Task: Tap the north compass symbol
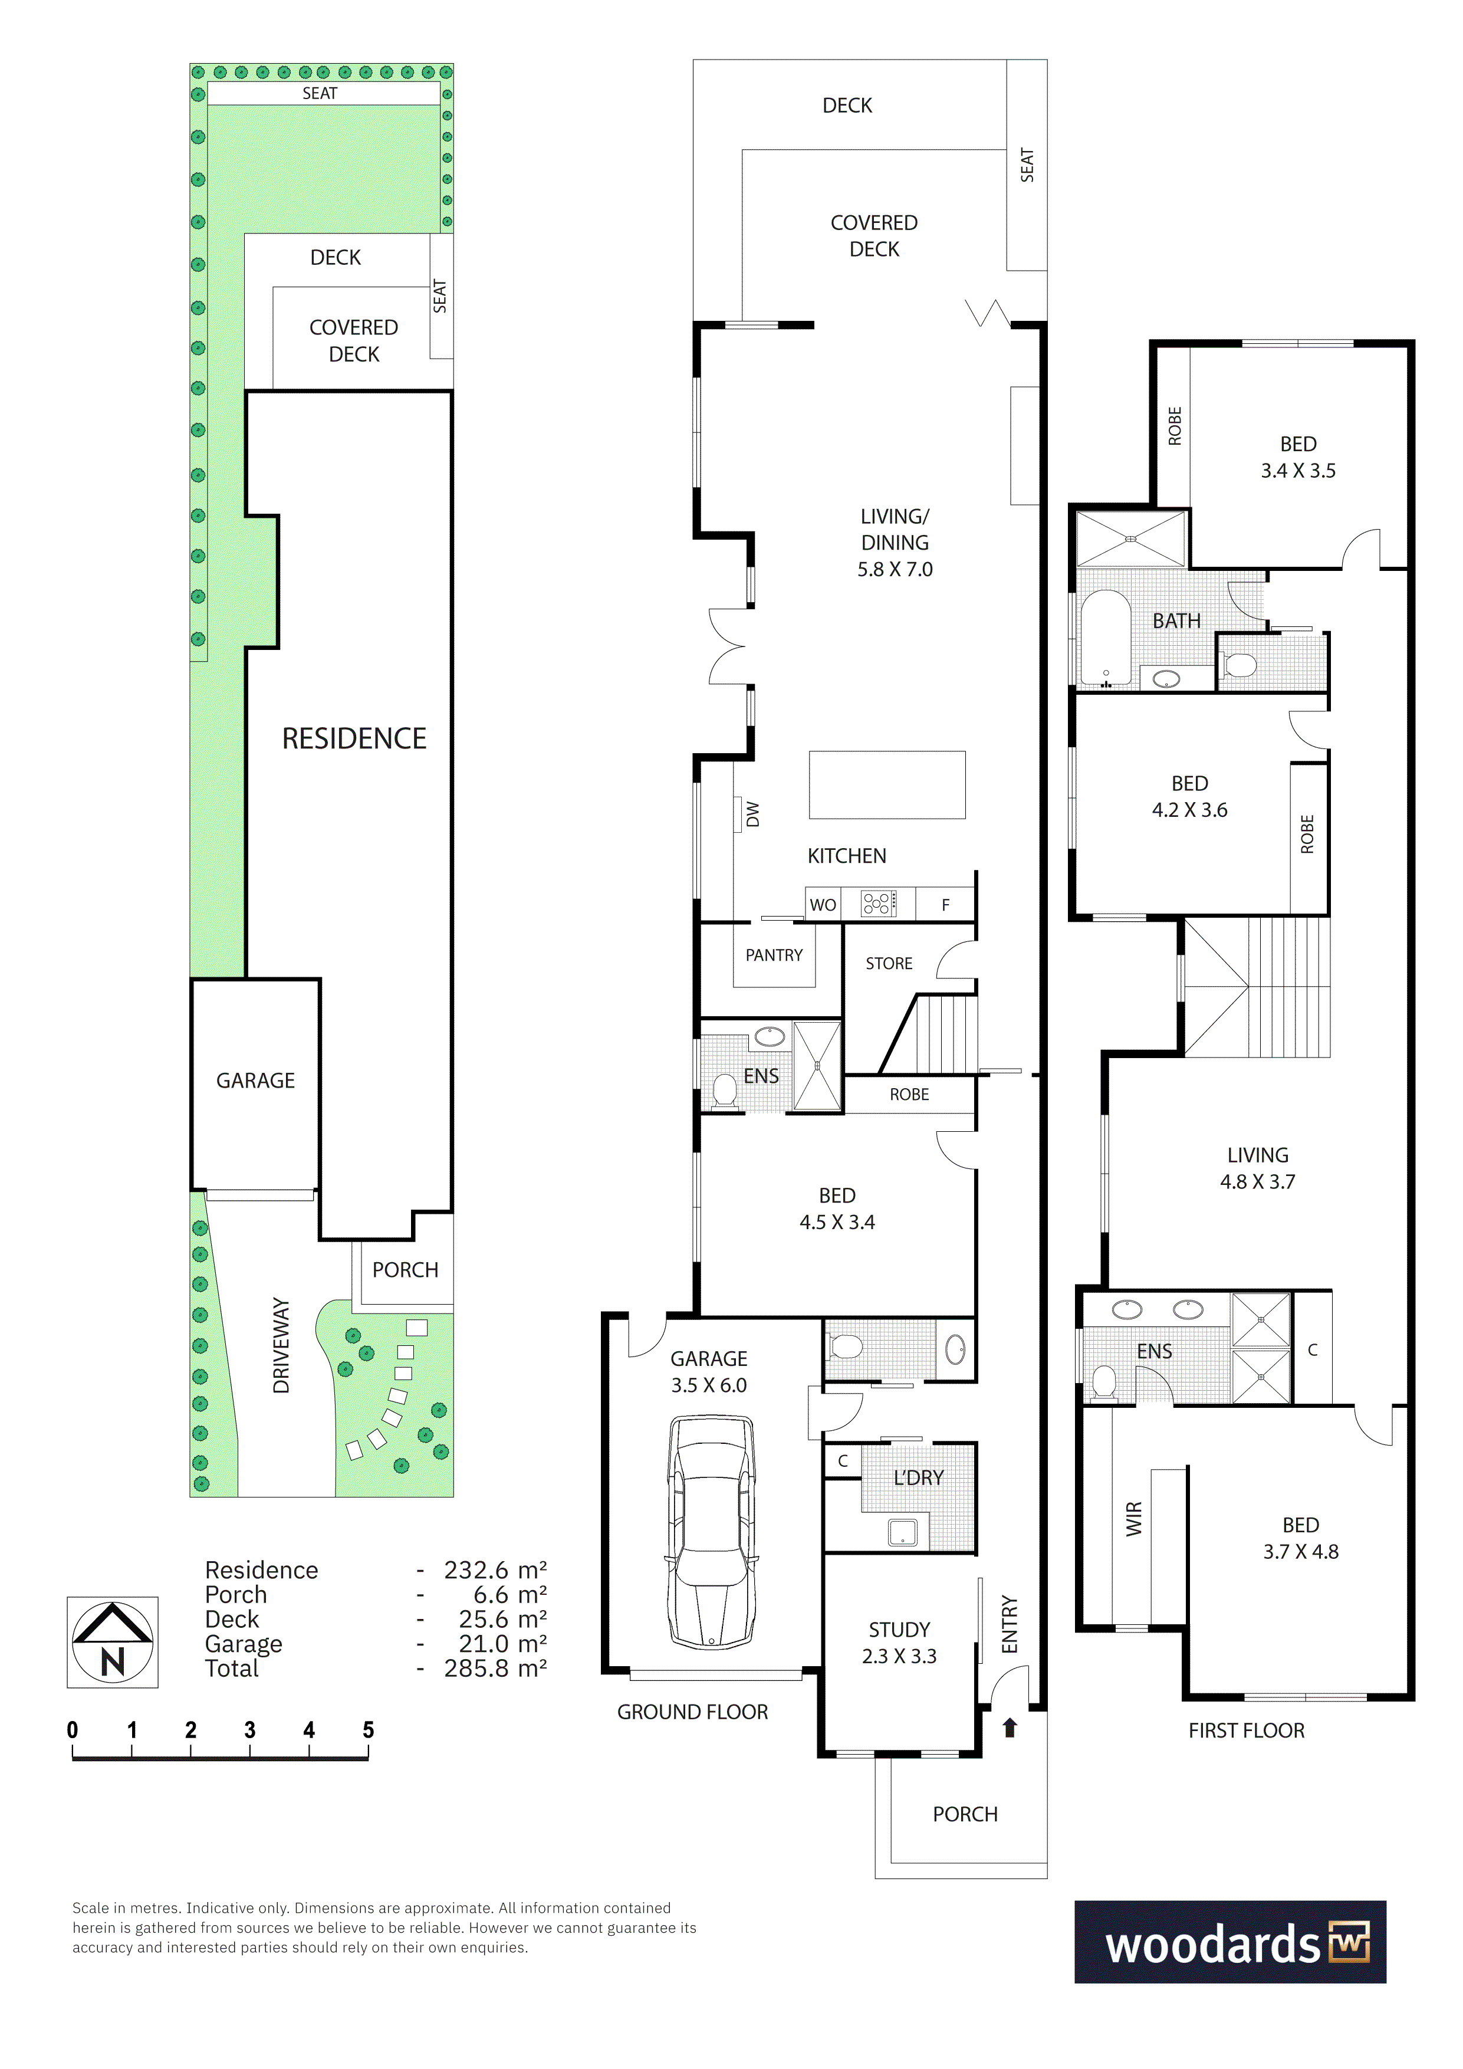(113, 1642)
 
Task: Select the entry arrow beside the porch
(1010, 1728)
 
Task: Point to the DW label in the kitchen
(753, 815)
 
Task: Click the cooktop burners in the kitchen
(879, 904)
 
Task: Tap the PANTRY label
(774, 955)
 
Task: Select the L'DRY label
(919, 1478)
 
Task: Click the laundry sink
(903, 1532)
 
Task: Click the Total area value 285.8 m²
(495, 1669)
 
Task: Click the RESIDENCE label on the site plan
(354, 739)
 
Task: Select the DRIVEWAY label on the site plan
(281, 1347)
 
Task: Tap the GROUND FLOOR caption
(693, 1712)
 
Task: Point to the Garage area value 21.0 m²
(502, 1644)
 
